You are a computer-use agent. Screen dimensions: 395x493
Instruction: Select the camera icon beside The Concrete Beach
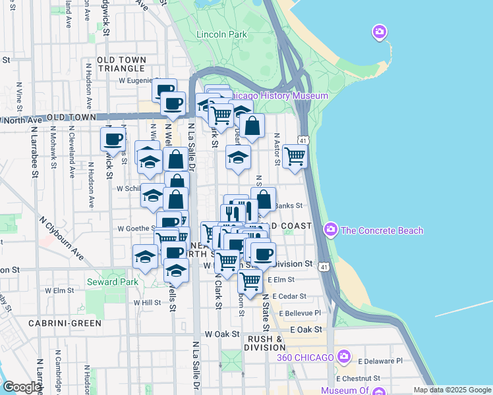[330, 230]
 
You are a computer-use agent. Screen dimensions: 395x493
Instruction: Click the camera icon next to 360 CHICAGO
[343, 357]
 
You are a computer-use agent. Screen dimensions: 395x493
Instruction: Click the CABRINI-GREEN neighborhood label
[65, 323]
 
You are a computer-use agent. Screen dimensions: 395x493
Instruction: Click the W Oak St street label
[221, 334]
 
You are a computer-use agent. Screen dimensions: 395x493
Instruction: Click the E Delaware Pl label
[382, 361]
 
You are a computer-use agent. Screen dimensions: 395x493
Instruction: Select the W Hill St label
[147, 303]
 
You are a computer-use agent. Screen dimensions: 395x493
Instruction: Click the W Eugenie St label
[135, 81]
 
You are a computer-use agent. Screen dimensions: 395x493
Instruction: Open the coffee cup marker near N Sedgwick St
[113, 139]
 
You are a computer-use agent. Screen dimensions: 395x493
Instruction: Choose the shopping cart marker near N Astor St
[295, 157]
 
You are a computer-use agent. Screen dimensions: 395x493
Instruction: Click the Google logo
[21, 387]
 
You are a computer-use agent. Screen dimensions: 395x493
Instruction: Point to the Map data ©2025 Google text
[451, 390]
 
